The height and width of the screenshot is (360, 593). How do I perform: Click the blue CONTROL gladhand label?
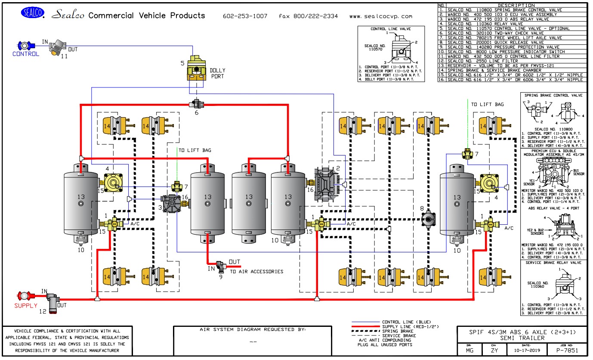26,54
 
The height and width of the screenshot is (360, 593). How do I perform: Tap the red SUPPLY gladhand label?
26,306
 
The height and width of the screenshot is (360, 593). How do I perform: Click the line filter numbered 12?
53,301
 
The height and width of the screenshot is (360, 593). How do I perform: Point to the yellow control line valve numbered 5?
197,69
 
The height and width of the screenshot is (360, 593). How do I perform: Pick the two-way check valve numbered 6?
196,104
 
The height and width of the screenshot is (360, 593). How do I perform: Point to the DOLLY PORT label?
217,73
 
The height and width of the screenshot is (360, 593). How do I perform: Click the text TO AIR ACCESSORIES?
256,271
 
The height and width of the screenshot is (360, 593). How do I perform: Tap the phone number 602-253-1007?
245,16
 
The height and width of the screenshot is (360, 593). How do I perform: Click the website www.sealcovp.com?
380,16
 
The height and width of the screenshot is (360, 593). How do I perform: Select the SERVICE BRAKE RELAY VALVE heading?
553,262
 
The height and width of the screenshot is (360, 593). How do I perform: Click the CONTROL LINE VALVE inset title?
391,29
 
